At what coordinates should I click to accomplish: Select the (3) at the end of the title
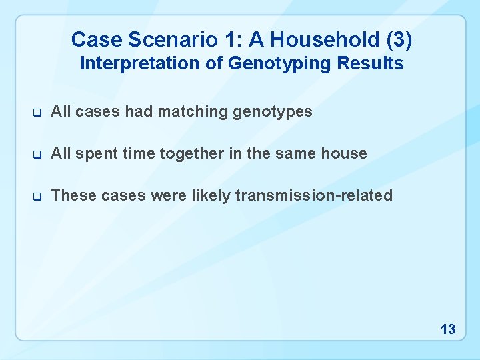[x=399, y=40]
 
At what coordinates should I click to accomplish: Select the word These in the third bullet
[x=71, y=196]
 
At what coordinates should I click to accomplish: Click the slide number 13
[x=448, y=329]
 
